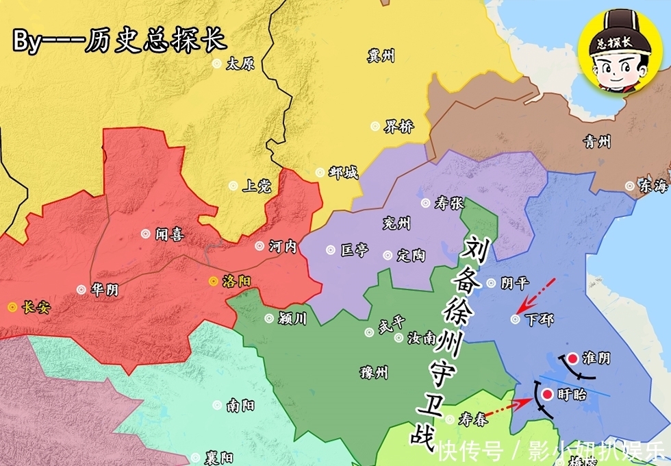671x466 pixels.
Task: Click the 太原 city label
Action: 240,64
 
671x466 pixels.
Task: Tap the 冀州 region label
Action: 381,56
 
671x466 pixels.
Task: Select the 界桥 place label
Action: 398,127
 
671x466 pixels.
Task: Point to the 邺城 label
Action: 343,173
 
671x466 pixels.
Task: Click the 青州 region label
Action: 597,142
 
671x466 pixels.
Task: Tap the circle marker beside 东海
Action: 629,186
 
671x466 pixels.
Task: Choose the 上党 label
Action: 257,186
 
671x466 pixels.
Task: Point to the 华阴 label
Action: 103,290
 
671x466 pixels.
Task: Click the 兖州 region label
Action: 396,223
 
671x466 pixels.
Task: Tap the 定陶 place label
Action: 411,256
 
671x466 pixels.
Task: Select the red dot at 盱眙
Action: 546,394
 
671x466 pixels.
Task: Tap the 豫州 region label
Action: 374,372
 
